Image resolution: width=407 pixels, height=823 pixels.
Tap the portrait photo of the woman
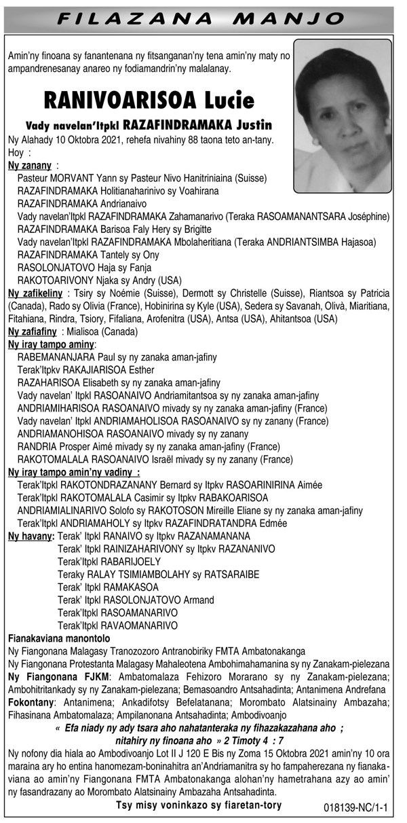[343, 115]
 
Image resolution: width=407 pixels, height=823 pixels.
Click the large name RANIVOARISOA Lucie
[149, 101]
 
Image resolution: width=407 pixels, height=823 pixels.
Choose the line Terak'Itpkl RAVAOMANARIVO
[117, 625]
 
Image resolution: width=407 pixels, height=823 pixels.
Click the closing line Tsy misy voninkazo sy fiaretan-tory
[199, 805]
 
